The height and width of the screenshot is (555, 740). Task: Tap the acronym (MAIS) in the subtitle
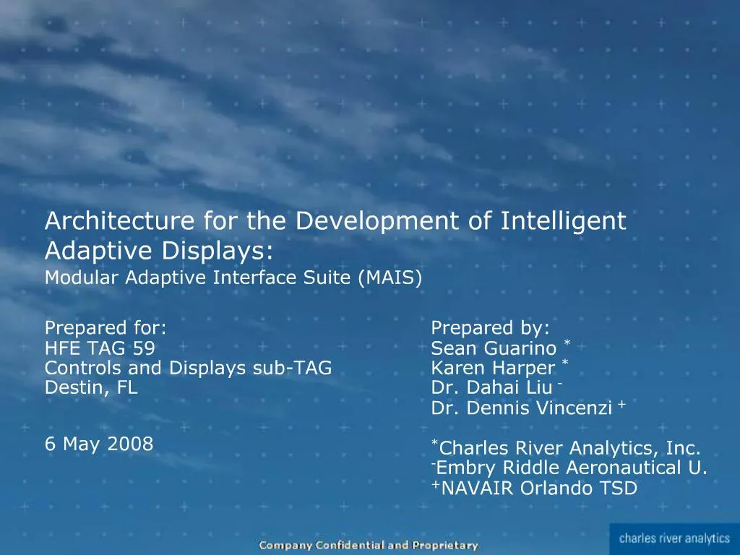[390, 277]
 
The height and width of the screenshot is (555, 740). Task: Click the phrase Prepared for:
[106, 328]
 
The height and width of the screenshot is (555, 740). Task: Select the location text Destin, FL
[91, 387]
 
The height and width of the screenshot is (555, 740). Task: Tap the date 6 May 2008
[99, 443]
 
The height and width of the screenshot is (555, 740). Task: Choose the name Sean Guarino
[494, 348]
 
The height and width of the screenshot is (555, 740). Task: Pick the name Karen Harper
[493, 369]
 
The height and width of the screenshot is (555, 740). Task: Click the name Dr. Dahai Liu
[491, 388]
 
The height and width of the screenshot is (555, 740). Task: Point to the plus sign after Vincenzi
[621, 405]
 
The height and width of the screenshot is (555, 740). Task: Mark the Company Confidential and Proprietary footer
[369, 546]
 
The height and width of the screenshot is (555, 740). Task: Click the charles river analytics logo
[674, 538]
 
